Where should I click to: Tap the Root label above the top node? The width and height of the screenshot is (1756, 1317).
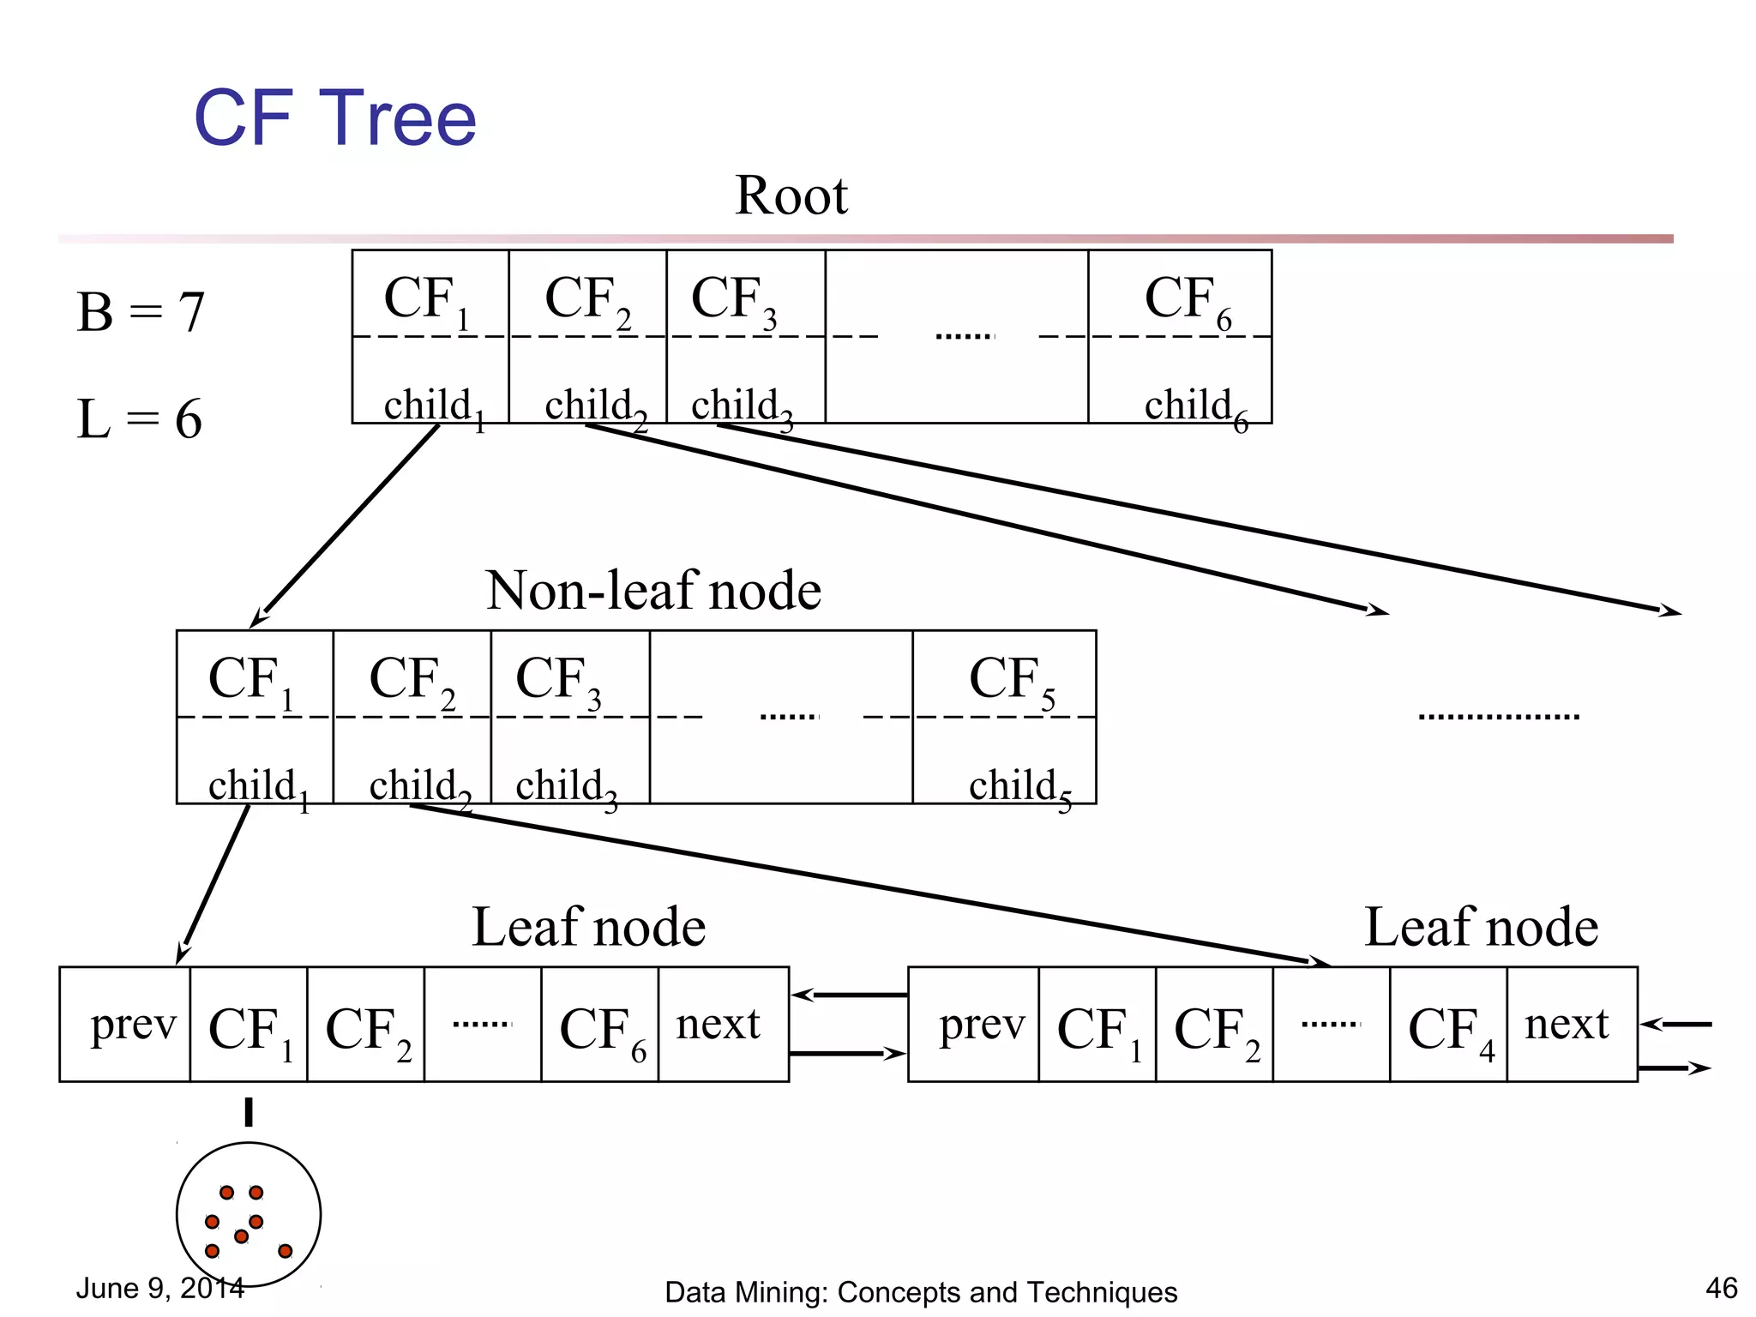click(791, 195)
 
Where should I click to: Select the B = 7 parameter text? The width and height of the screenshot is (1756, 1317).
click(141, 312)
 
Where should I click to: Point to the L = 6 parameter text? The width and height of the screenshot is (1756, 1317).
click(139, 419)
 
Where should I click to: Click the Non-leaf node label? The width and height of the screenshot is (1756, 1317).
click(653, 591)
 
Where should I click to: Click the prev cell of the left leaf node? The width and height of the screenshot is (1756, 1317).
click(132, 1025)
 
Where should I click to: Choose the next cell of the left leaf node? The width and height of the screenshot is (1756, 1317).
click(719, 1025)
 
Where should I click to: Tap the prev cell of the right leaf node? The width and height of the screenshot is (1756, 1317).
click(981, 1025)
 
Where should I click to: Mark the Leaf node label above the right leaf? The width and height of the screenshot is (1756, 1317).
click(1481, 928)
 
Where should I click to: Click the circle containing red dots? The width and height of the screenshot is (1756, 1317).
click(249, 1214)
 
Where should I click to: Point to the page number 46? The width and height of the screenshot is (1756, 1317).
click(1721, 1288)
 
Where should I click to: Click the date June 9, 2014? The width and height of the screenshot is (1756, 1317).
click(160, 1288)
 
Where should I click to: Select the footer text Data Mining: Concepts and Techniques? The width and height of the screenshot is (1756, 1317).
click(921, 1292)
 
